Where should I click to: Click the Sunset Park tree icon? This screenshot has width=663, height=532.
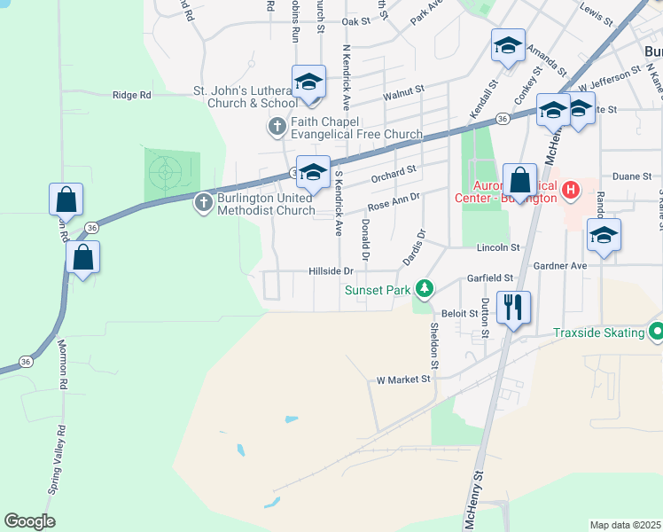tap(425, 288)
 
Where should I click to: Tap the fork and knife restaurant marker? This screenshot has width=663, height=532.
tap(513, 308)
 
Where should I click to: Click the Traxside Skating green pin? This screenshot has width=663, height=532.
tap(656, 332)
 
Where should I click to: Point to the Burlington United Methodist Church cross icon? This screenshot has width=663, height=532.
tap(204, 203)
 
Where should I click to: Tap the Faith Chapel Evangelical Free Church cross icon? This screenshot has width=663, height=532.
tap(277, 127)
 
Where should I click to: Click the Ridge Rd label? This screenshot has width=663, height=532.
tap(132, 95)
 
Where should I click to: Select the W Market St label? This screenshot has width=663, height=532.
tap(403, 379)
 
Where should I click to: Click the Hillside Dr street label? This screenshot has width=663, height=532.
tap(331, 271)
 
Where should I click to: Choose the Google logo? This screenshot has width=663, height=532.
tap(29, 521)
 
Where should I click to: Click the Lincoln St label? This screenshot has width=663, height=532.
tap(496, 247)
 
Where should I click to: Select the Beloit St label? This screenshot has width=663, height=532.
tap(459, 314)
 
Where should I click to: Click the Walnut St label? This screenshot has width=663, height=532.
tap(404, 92)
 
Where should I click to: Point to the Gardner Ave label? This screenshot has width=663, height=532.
tap(560, 265)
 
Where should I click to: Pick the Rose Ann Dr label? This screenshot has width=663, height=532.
tap(393, 206)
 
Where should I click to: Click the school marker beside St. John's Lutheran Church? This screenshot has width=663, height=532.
tap(308, 82)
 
